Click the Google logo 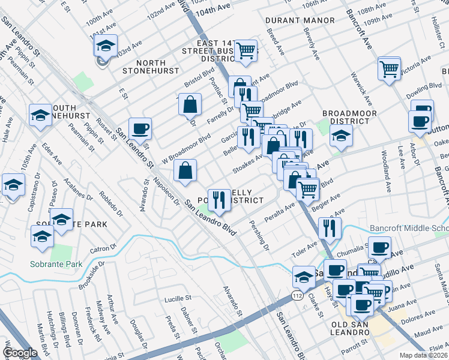click(x=20, y=353)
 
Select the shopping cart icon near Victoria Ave click(x=389, y=69)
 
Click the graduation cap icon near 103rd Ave click(x=106, y=47)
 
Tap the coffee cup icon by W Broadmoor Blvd click(x=140, y=128)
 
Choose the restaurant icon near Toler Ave click(x=330, y=228)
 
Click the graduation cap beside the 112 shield click(x=304, y=277)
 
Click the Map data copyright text click(x=423, y=355)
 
